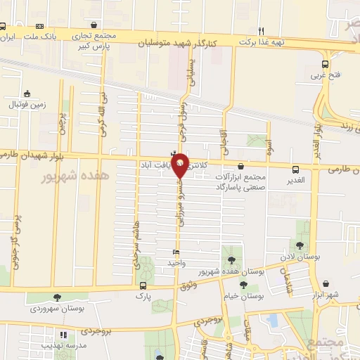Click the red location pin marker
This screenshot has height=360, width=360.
[180, 165]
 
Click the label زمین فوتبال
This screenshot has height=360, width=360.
[27, 105]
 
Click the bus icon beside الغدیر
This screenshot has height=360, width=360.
[296, 169]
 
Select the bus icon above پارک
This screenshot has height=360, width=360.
[143, 285]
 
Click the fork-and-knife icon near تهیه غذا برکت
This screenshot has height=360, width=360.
[262, 31]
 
